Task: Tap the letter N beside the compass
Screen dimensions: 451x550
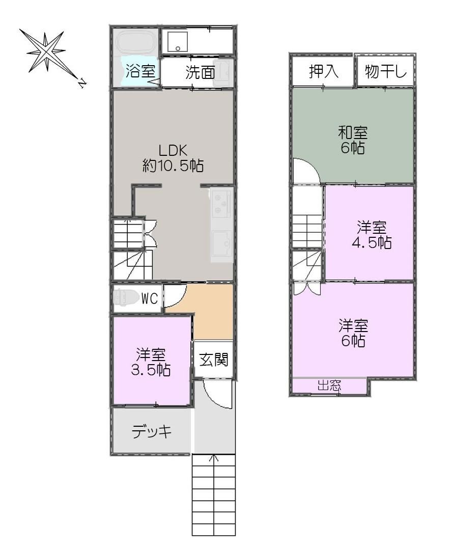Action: (82, 84)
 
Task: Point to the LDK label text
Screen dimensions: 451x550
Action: (173, 150)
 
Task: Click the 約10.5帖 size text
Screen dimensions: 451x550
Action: (173, 165)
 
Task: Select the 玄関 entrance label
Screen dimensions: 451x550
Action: (214, 360)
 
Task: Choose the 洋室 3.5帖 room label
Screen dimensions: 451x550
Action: (151, 363)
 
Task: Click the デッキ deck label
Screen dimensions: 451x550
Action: (152, 431)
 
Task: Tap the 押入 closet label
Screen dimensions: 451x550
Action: (324, 72)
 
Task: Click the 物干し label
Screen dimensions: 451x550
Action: (386, 72)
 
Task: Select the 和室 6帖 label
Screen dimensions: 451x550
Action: (353, 141)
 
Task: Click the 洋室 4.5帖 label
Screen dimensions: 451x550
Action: (372, 235)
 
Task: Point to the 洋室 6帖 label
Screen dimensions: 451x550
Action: (353, 333)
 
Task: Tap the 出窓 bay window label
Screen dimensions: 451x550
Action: (329, 386)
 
